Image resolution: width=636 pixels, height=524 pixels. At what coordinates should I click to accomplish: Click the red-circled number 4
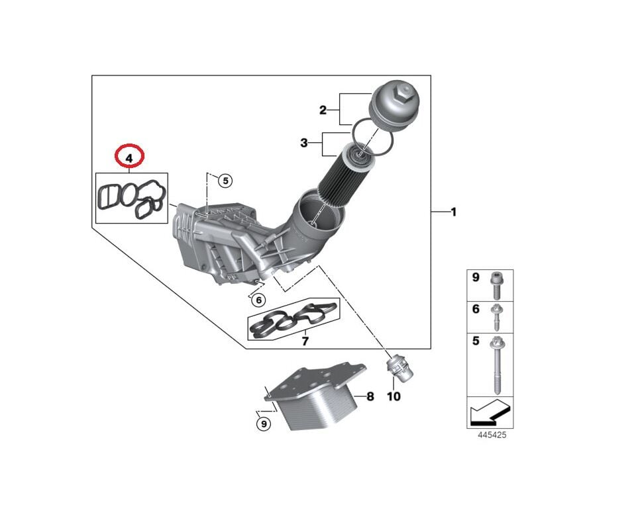(x=129, y=157)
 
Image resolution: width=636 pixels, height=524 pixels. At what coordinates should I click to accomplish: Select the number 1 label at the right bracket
(x=453, y=212)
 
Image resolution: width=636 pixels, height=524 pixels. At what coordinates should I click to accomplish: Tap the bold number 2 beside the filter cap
(x=323, y=110)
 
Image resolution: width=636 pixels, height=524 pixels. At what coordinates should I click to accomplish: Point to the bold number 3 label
(x=304, y=143)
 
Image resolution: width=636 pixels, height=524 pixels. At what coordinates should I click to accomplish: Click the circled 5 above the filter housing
(x=225, y=180)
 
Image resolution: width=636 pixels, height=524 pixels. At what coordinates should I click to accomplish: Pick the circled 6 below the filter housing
(x=259, y=300)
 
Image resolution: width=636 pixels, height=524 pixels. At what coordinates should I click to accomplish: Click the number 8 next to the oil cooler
(x=370, y=397)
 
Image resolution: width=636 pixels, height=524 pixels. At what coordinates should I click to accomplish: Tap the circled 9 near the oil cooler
(x=264, y=424)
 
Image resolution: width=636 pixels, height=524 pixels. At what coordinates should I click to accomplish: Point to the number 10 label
(x=394, y=397)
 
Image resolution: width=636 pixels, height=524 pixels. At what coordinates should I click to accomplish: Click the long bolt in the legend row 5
(x=496, y=364)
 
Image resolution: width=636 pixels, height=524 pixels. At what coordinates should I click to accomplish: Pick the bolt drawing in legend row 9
(x=496, y=286)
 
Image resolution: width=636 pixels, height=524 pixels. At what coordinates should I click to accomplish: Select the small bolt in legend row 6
(x=496, y=317)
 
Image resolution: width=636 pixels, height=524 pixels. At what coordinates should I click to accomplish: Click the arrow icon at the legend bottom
(x=490, y=414)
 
